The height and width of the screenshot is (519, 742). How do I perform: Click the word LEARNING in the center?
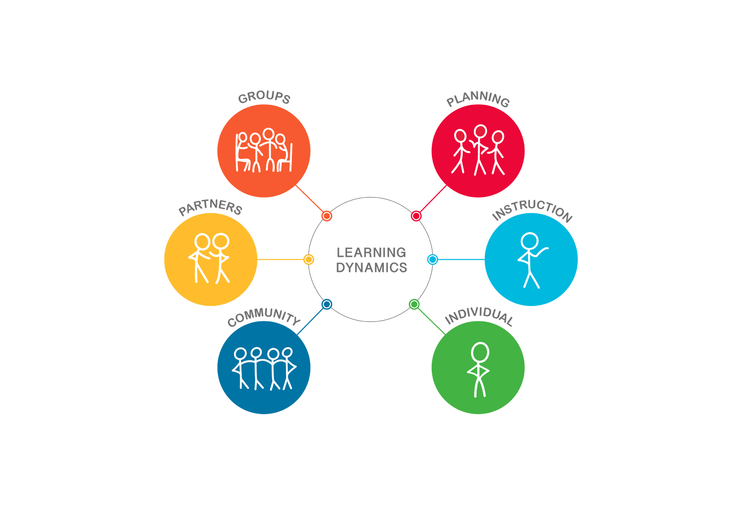point(371,253)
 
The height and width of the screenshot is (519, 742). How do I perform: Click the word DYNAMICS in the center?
point(372,268)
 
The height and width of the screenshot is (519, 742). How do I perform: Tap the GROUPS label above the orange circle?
point(264,98)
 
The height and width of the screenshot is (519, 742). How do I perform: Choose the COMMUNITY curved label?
point(264,317)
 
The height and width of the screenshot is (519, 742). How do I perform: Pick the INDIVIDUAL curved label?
point(479,317)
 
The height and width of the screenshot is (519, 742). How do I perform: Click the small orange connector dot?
point(327,216)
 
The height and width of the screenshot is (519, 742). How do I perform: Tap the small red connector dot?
point(416,216)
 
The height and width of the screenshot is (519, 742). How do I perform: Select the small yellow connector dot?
point(309,259)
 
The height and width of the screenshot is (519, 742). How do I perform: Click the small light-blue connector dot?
point(433,259)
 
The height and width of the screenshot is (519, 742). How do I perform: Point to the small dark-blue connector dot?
point(327,304)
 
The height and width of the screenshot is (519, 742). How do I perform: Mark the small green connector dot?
point(414,304)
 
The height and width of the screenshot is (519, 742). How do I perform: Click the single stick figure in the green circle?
point(479,370)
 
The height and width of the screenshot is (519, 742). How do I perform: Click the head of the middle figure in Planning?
point(481,131)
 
